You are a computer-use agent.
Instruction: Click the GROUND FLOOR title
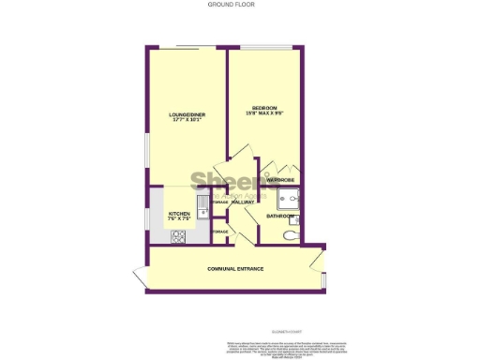(x=230, y=5)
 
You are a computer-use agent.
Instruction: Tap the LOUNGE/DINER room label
(x=187, y=114)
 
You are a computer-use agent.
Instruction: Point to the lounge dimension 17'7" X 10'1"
(x=187, y=121)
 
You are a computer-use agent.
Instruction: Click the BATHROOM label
(x=279, y=217)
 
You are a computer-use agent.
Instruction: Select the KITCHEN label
(x=180, y=214)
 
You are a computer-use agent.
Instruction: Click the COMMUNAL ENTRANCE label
(x=235, y=269)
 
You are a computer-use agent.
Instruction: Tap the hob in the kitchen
(x=177, y=236)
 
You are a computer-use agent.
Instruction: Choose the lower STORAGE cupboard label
(x=219, y=231)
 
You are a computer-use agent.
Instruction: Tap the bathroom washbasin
(x=294, y=219)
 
